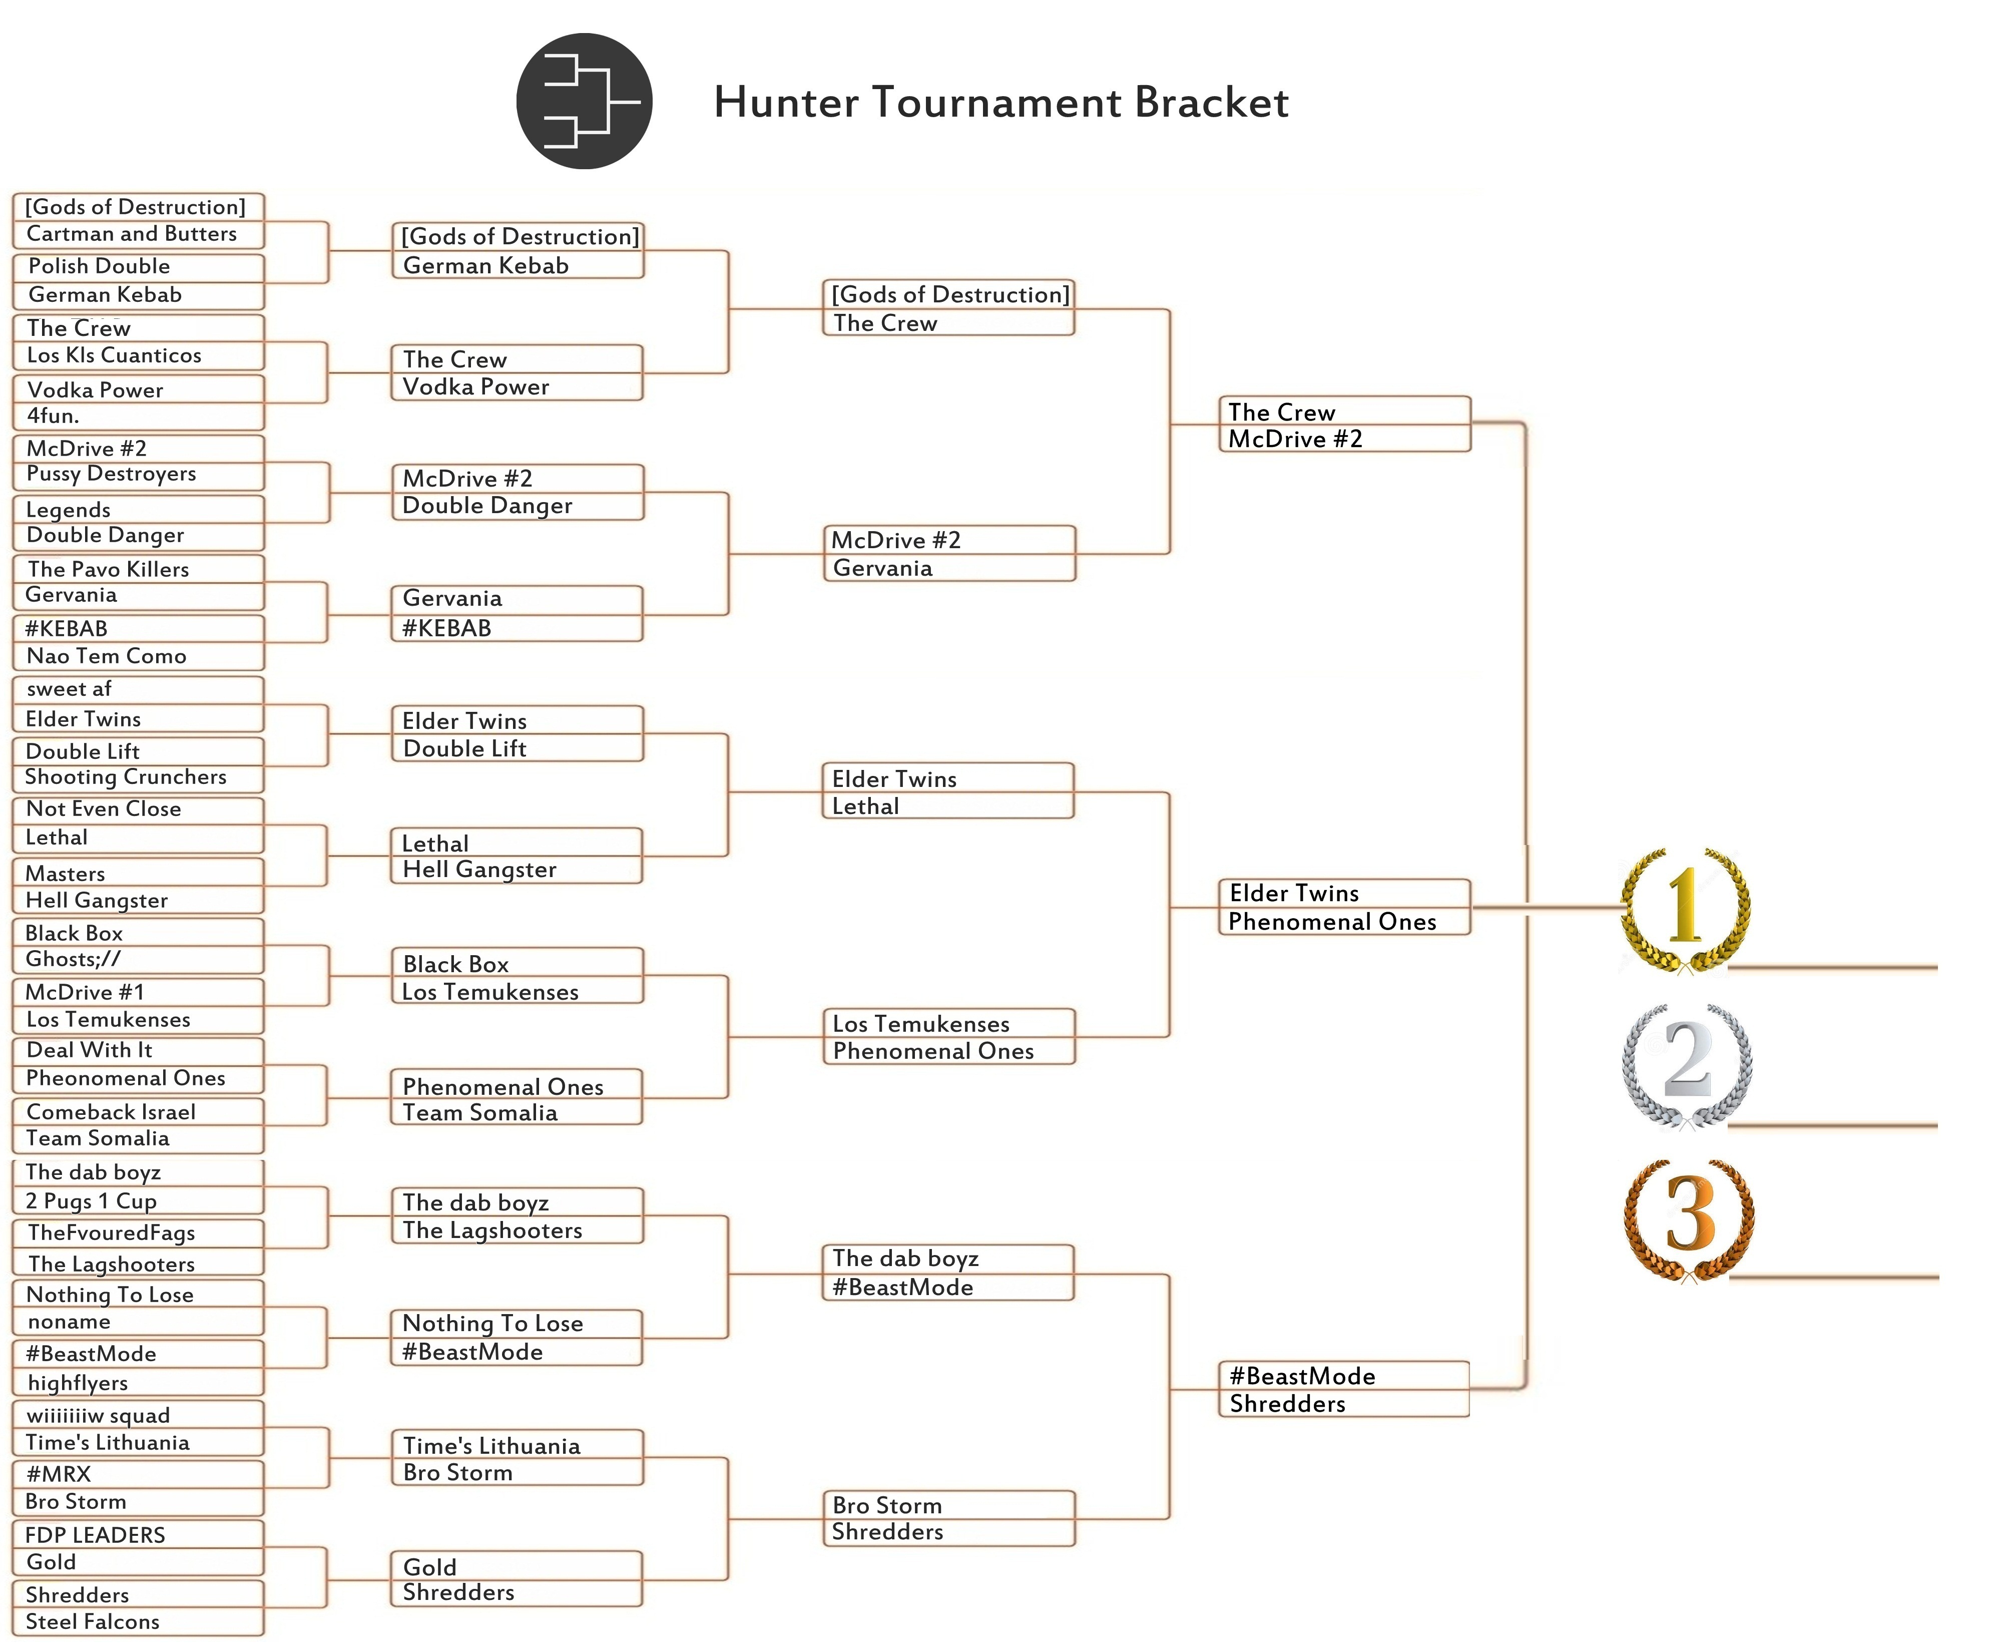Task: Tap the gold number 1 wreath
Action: tap(1685, 909)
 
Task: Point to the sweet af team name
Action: tap(70, 689)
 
